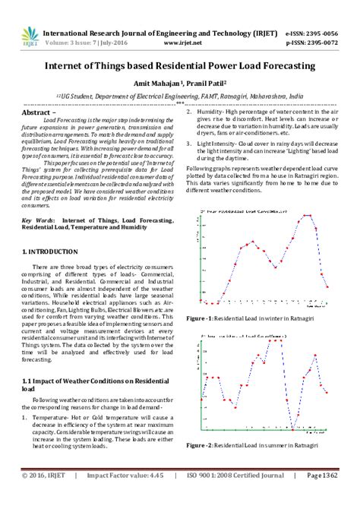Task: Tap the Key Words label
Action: [x=38, y=220]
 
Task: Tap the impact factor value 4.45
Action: [x=157, y=498]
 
